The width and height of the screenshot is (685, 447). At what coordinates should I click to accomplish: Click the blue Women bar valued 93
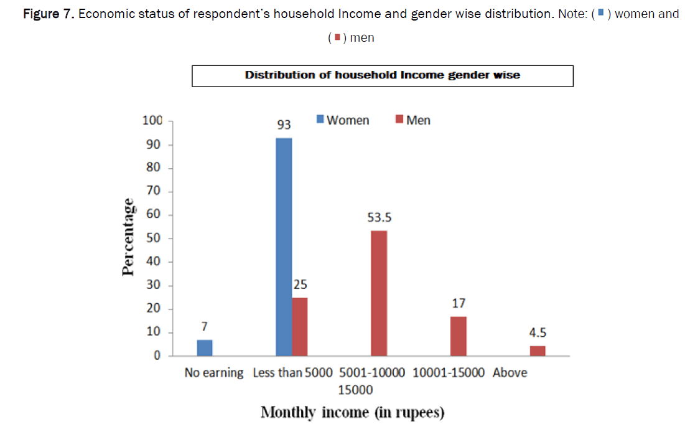[284, 247]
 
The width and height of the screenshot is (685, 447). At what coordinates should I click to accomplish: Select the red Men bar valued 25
[300, 326]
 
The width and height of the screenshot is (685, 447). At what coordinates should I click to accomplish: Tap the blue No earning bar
[205, 347]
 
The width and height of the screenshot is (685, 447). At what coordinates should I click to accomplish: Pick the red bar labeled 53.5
[379, 293]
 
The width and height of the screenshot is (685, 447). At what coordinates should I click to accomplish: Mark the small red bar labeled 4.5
[538, 351]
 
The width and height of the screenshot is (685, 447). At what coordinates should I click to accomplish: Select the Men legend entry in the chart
[413, 120]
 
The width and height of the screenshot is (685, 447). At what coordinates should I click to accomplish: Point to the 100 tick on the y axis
[152, 121]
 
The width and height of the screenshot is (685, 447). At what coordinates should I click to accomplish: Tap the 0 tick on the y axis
[158, 356]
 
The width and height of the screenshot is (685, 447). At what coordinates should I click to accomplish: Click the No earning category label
[214, 373]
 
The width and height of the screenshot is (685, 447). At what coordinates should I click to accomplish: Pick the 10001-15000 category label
[448, 373]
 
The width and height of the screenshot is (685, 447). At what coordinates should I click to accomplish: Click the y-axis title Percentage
[128, 237]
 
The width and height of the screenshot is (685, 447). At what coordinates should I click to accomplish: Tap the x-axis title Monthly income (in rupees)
[352, 412]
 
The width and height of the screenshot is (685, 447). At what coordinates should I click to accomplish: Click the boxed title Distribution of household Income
[382, 75]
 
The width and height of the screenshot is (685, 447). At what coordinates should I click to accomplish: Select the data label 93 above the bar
[284, 125]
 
